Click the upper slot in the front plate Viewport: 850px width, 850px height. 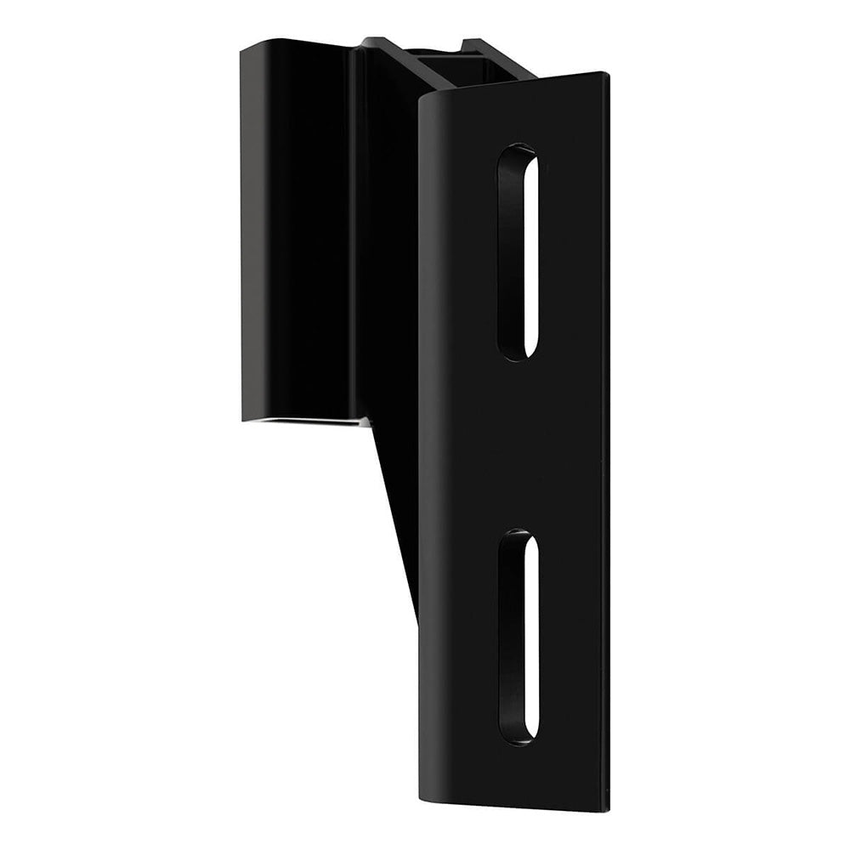click(519, 252)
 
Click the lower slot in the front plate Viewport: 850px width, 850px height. click(519, 635)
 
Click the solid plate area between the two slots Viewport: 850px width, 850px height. click(518, 446)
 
